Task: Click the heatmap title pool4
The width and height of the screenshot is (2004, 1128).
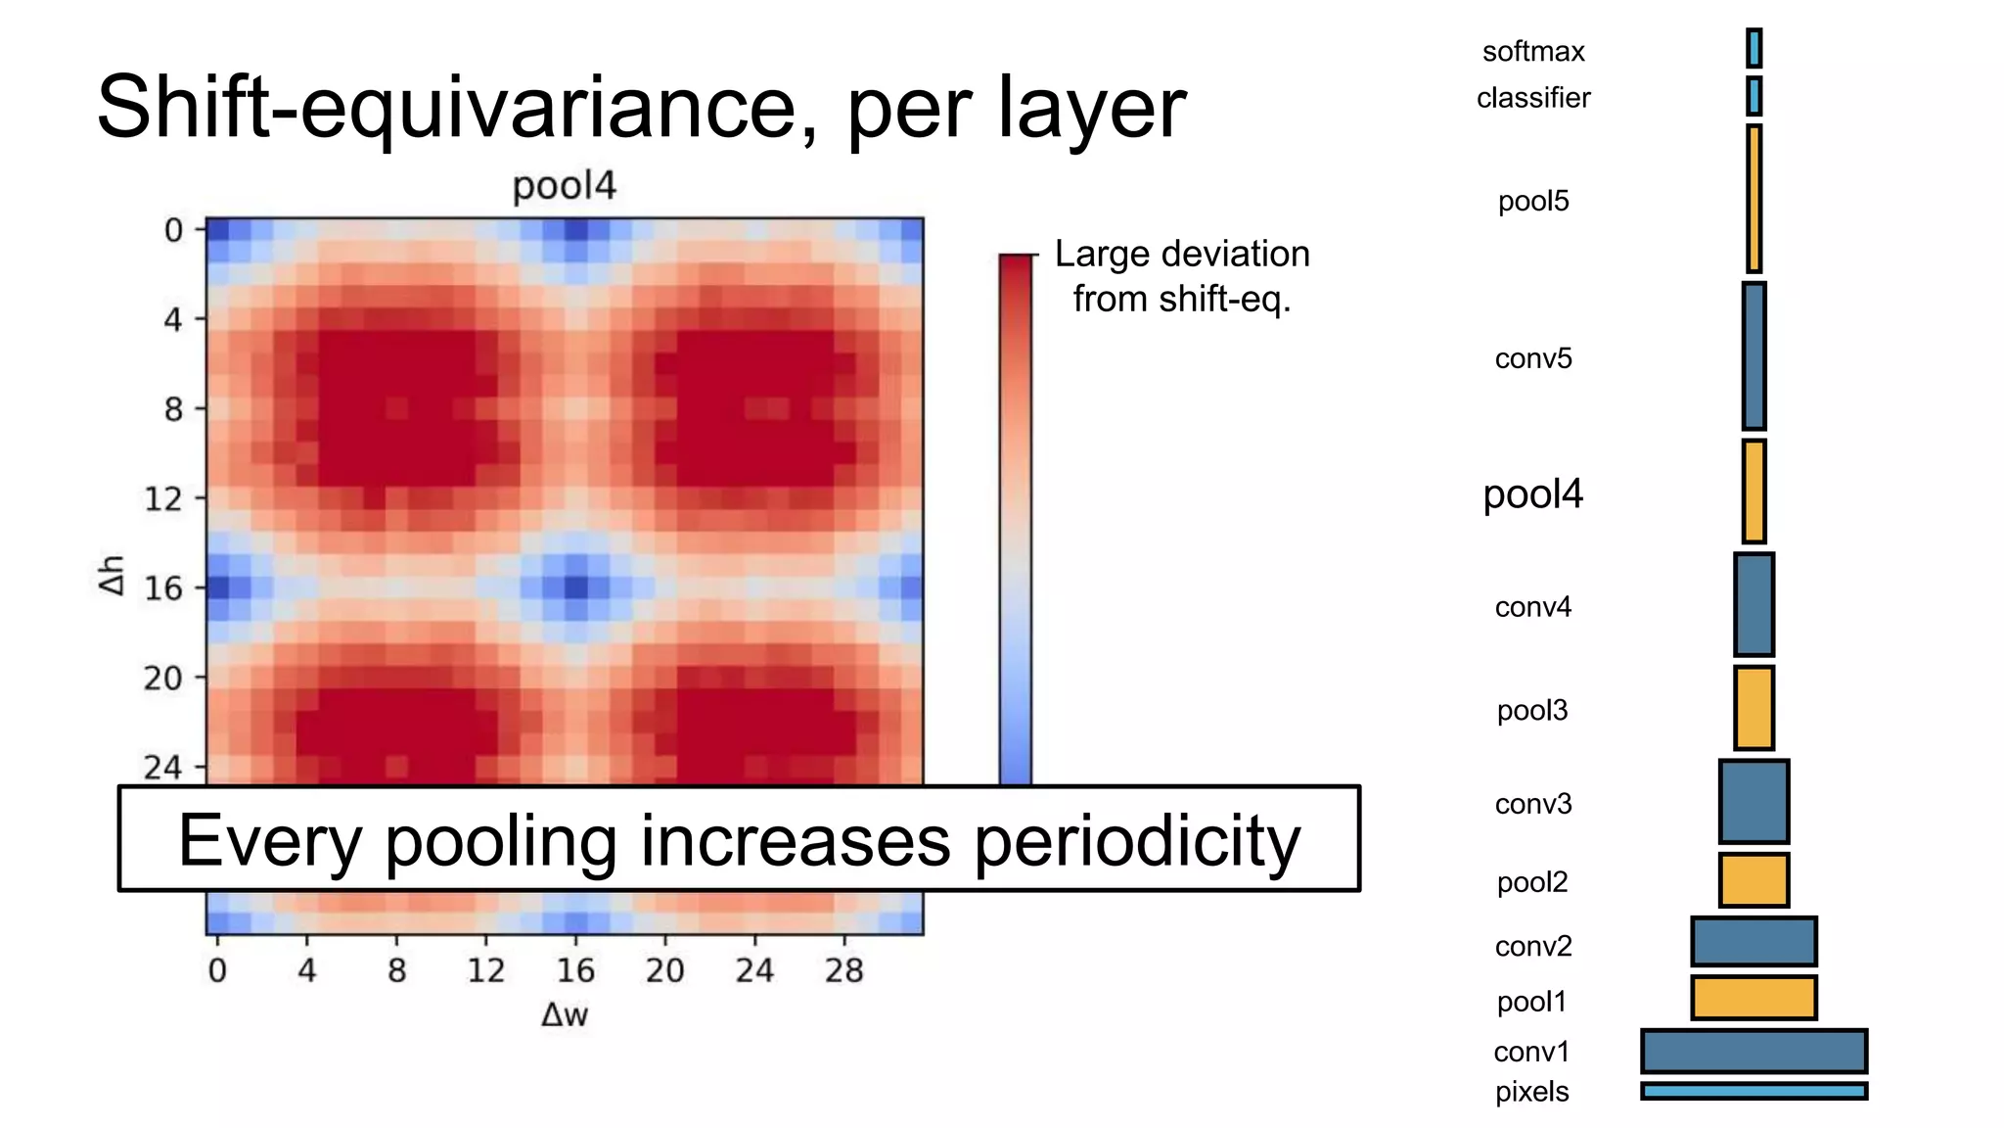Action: click(x=565, y=186)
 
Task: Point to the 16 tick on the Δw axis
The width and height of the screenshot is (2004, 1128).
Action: click(x=575, y=970)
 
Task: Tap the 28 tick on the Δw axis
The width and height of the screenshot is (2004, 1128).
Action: click(x=843, y=970)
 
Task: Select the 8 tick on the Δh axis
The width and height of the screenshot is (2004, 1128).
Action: click(x=173, y=408)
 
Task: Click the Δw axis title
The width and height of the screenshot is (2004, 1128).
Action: click(x=565, y=1015)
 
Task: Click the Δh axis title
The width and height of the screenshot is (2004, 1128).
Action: click(x=113, y=575)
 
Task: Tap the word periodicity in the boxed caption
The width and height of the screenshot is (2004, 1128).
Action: click(x=1137, y=840)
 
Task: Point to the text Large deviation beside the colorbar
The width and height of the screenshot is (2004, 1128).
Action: click(x=1182, y=255)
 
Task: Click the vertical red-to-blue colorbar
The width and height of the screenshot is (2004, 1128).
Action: click(x=1016, y=519)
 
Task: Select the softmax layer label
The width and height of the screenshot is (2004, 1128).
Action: click(x=1532, y=51)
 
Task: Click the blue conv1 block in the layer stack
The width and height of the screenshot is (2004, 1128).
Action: click(x=1753, y=1052)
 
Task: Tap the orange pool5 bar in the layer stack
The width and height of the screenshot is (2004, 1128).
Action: click(x=1753, y=199)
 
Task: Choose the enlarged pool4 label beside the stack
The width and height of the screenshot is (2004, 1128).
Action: click(x=1532, y=494)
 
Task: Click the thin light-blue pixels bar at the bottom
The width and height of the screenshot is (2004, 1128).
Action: click(x=1753, y=1091)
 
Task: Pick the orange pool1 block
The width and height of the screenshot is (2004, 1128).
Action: click(x=1753, y=998)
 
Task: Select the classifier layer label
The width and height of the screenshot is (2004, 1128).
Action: click(x=1532, y=98)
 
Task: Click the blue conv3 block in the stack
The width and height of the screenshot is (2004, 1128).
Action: click(x=1753, y=801)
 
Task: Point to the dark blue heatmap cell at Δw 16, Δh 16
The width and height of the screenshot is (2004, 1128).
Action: click(x=575, y=587)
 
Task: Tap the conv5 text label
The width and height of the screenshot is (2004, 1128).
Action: click(x=1532, y=358)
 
